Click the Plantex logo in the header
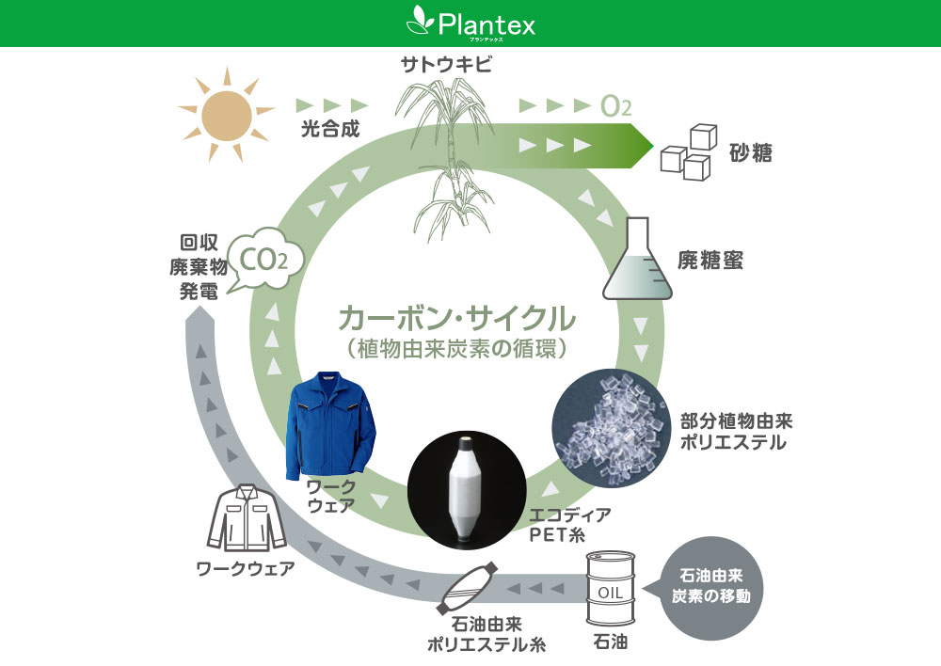(x=470, y=22)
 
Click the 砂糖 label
(x=751, y=151)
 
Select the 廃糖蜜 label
(x=710, y=261)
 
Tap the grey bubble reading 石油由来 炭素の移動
(x=710, y=584)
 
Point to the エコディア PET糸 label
(x=571, y=525)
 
